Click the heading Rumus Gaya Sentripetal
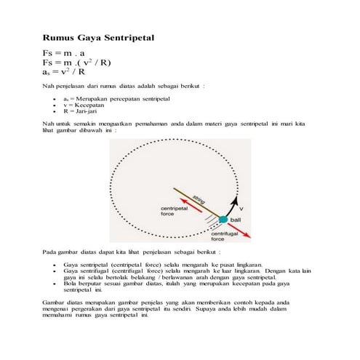pos(98,38)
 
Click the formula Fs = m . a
pos(63,53)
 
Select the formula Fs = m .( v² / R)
pos(76,63)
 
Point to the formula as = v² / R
pos(64,72)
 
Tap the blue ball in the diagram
pos(223,220)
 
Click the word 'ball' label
pos(236,220)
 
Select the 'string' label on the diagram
pos(199,199)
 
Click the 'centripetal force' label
pos(174,211)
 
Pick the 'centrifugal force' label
pos(225,236)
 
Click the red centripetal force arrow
pos(191,205)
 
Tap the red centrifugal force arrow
pos(239,231)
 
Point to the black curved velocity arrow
pos(231,207)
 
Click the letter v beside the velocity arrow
pos(241,209)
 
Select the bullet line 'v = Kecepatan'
pos(84,105)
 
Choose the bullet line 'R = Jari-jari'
pos(80,111)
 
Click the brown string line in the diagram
pos(196,202)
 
